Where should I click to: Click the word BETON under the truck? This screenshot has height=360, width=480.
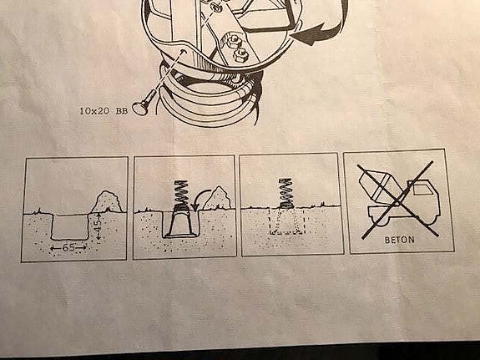click(x=400, y=240)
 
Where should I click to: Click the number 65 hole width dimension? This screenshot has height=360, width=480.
click(x=68, y=247)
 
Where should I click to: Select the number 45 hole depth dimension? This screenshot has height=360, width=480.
click(x=97, y=226)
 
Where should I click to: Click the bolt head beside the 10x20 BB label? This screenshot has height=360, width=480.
click(x=140, y=108)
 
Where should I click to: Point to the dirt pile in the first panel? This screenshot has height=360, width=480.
click(x=107, y=202)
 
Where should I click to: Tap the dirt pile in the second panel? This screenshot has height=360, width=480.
click(x=217, y=199)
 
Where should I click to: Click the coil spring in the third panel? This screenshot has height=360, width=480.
click(x=286, y=193)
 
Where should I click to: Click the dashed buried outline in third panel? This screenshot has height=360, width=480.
click(x=287, y=221)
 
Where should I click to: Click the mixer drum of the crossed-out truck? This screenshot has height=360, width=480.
click(x=379, y=185)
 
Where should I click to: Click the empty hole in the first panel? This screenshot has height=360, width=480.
click(x=70, y=226)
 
